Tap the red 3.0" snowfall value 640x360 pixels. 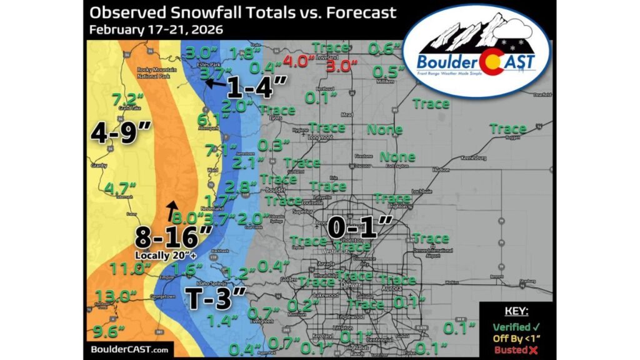click(x=344, y=65)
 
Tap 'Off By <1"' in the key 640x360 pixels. click(x=514, y=339)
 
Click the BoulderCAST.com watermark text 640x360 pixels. click(x=127, y=350)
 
